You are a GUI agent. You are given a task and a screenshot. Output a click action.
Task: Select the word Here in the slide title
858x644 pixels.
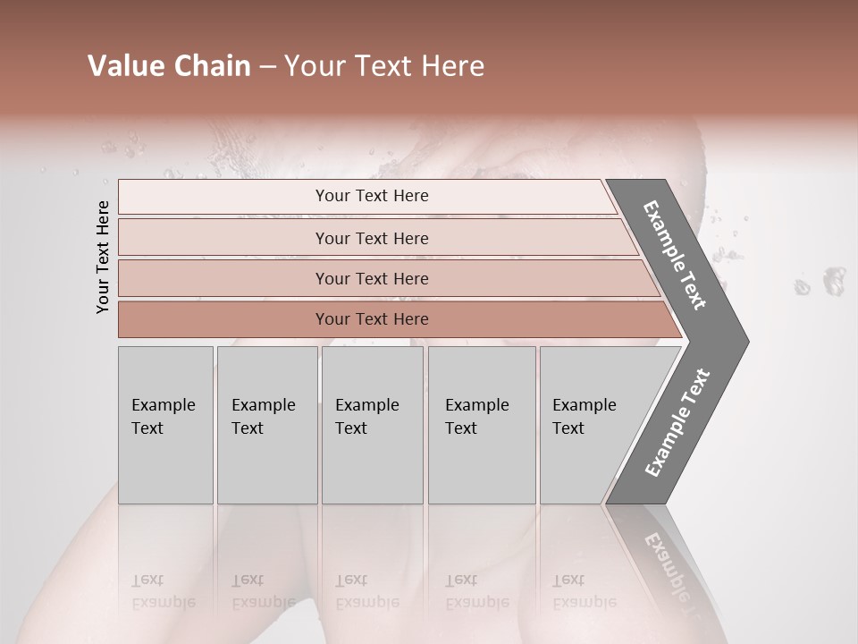(x=453, y=66)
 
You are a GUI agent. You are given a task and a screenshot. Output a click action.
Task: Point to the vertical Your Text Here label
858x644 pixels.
(x=103, y=257)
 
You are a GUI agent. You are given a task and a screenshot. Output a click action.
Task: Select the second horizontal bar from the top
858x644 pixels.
(x=375, y=238)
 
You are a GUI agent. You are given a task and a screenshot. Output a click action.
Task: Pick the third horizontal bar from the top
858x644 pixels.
(x=384, y=278)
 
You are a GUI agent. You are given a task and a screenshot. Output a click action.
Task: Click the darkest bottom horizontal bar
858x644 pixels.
(x=393, y=319)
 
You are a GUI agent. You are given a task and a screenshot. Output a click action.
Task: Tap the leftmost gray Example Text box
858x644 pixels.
(x=165, y=425)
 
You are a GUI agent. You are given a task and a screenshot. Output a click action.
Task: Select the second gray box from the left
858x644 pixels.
(x=267, y=425)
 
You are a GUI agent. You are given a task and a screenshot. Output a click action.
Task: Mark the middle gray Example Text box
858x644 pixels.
(x=372, y=425)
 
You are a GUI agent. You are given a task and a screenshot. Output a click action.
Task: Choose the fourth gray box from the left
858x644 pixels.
(x=482, y=425)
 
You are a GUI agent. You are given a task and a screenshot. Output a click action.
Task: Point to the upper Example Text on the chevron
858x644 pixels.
(x=675, y=255)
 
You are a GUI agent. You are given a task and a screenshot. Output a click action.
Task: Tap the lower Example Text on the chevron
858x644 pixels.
(x=677, y=423)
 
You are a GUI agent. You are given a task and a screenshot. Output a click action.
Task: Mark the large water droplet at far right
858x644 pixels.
(x=833, y=280)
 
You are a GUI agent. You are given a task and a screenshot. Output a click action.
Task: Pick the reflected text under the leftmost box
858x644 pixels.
(x=164, y=591)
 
